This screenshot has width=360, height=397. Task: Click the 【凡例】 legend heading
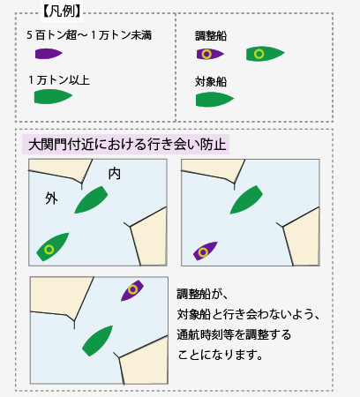(62, 11)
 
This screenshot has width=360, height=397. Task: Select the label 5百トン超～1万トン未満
(89, 35)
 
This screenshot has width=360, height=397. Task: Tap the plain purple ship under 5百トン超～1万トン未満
(49, 54)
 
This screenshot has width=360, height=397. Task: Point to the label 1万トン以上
(59, 80)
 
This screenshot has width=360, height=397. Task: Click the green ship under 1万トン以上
(53, 96)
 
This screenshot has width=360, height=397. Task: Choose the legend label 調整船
(211, 36)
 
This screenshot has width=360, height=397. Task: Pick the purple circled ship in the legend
(210, 54)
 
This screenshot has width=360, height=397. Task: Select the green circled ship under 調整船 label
(265, 54)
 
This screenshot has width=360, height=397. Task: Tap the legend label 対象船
(211, 82)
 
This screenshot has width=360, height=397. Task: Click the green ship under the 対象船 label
(214, 99)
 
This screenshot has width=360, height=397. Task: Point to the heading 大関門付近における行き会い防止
(127, 145)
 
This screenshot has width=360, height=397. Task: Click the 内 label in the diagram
(115, 174)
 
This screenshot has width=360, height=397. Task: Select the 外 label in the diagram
(51, 198)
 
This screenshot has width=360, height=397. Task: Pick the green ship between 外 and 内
(91, 199)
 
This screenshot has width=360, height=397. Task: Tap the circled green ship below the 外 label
(52, 247)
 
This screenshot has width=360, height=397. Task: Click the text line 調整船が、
(202, 294)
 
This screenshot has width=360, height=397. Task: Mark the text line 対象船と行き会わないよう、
(248, 314)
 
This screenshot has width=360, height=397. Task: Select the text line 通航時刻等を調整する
(234, 334)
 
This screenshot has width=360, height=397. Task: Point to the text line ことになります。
(220, 355)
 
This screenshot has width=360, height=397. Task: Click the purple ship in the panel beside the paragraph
(132, 290)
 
